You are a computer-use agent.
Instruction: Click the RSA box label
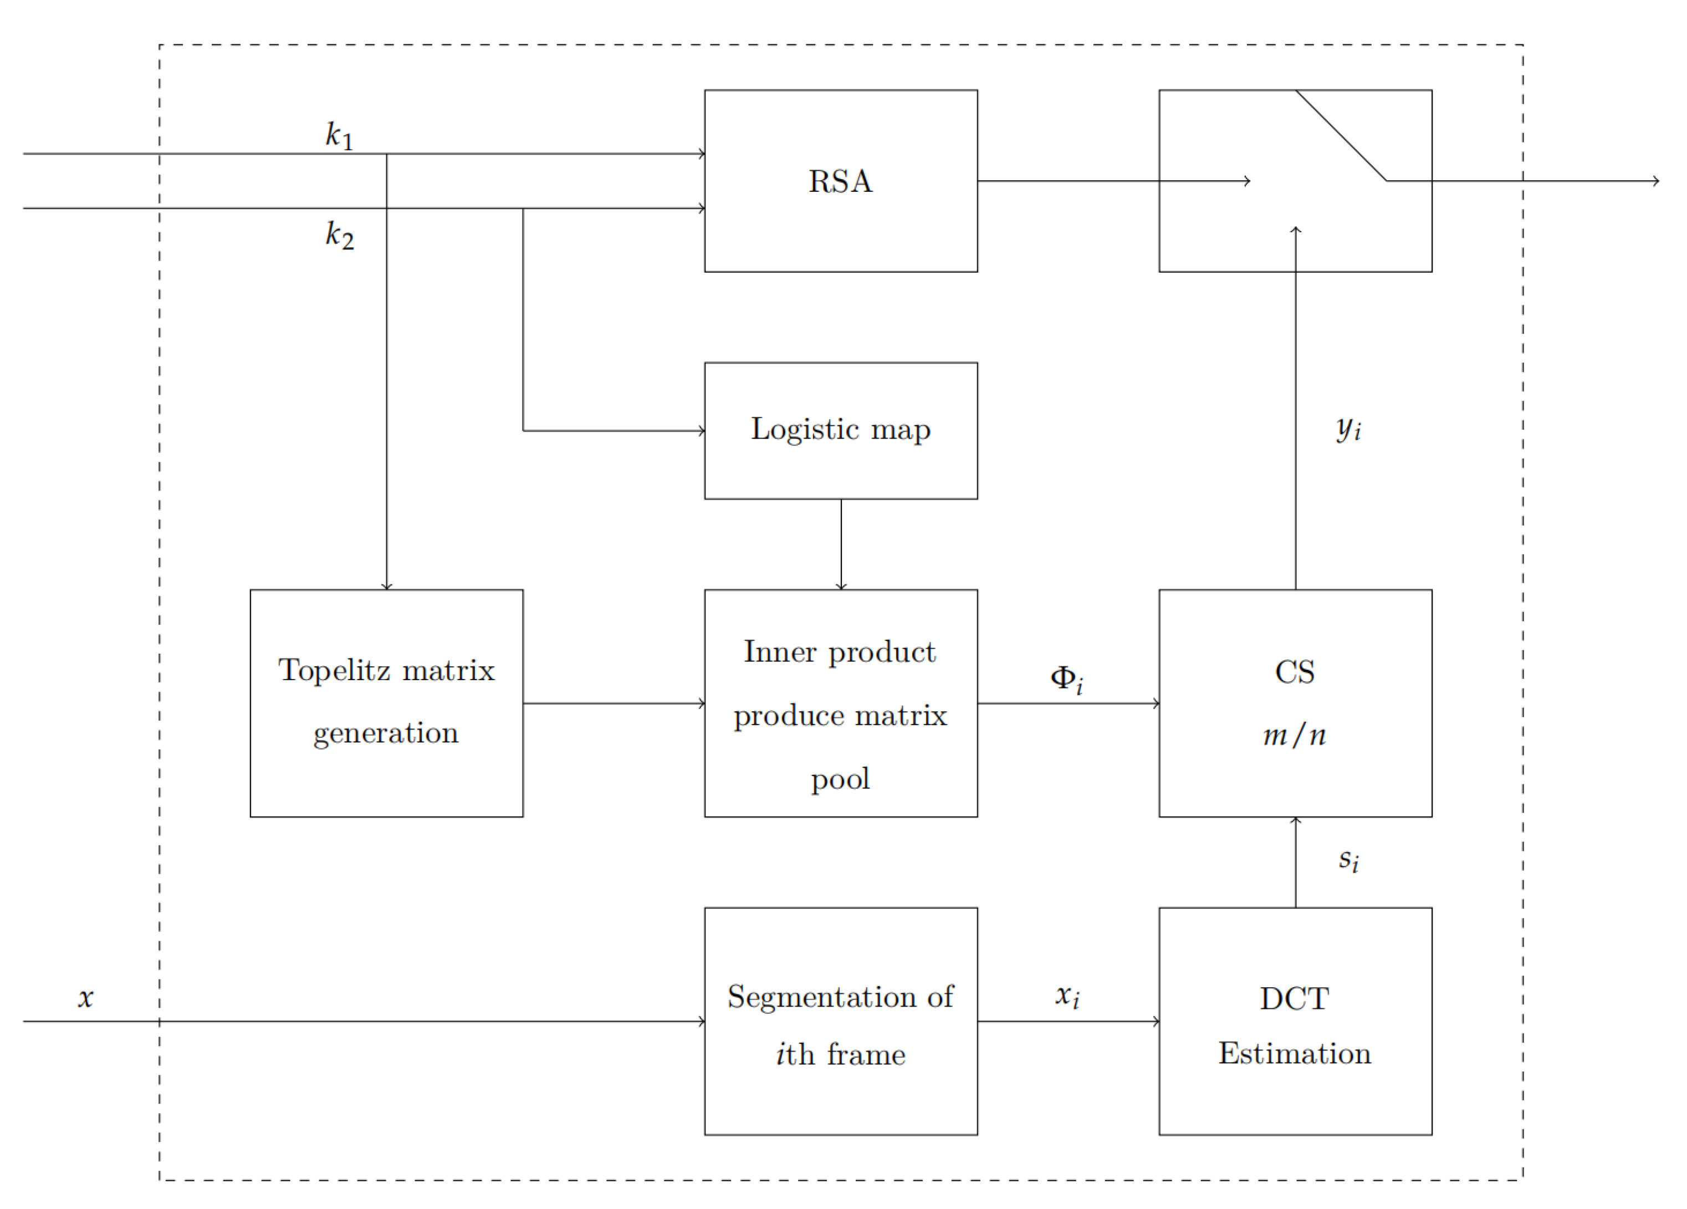coord(841,181)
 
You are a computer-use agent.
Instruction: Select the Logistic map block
coord(841,430)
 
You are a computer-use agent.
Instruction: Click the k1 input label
coord(339,135)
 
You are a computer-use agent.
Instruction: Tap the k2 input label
coord(339,235)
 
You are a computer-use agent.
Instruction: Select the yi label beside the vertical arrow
coord(1348,428)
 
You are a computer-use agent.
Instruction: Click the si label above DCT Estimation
coord(1348,860)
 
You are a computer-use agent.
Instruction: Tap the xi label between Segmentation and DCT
coord(1067,996)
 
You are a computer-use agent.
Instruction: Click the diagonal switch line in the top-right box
coord(1341,135)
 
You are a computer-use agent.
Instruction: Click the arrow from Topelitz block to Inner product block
coord(614,703)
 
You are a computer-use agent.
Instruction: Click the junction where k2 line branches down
coord(523,208)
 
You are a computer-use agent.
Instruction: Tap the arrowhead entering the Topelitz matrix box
coord(387,586)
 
